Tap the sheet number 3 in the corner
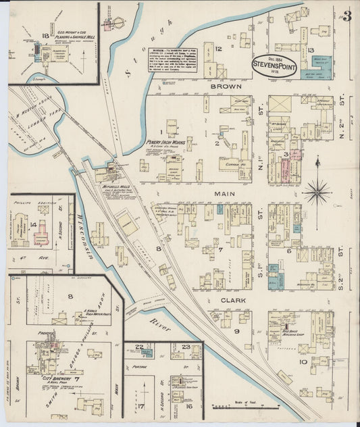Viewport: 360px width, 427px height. pos(346,16)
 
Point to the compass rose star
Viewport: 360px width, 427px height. pos(317,191)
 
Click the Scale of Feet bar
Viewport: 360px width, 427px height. pos(245,406)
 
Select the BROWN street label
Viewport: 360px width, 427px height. pos(221,87)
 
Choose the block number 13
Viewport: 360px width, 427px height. pos(310,50)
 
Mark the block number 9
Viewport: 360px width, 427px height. pos(236,331)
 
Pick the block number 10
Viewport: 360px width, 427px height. pos(303,362)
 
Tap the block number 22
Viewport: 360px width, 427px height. pos(138,347)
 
